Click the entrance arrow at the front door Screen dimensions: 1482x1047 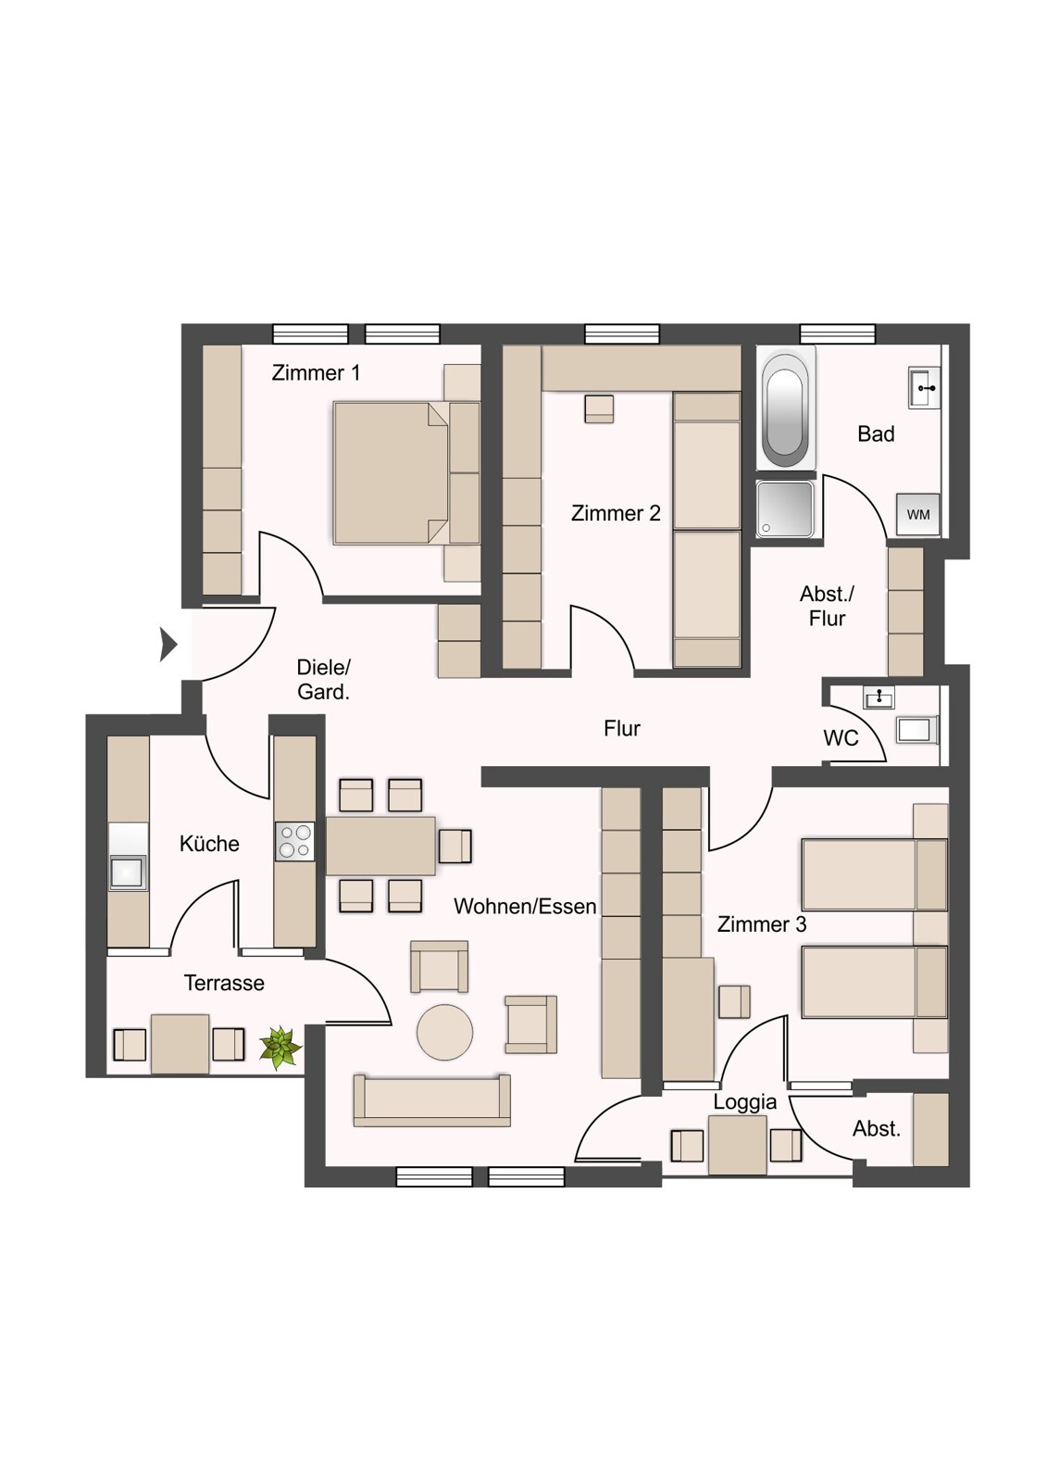[x=168, y=644]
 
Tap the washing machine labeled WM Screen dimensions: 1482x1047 [x=917, y=514]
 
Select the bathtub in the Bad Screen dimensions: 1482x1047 [x=785, y=408]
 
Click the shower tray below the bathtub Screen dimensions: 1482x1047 [x=785, y=509]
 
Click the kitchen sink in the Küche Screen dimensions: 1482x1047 [x=128, y=872]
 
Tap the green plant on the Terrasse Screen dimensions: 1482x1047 [x=280, y=1048]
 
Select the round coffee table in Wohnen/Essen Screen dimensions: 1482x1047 [x=444, y=1032]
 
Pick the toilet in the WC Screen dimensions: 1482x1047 [x=915, y=729]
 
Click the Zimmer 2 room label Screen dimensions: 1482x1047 [x=616, y=513]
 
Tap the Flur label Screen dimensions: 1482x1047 [x=622, y=729]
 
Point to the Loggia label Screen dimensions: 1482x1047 [x=744, y=1102]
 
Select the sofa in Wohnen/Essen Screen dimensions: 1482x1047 [x=431, y=1100]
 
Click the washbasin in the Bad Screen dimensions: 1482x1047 [x=924, y=387]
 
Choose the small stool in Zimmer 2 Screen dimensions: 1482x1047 [x=599, y=408]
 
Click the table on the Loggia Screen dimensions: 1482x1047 [x=737, y=1145]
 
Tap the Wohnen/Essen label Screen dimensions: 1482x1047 [x=525, y=907]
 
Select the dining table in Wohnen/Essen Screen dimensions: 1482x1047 [x=380, y=846]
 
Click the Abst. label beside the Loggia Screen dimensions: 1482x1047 [x=876, y=1128]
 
